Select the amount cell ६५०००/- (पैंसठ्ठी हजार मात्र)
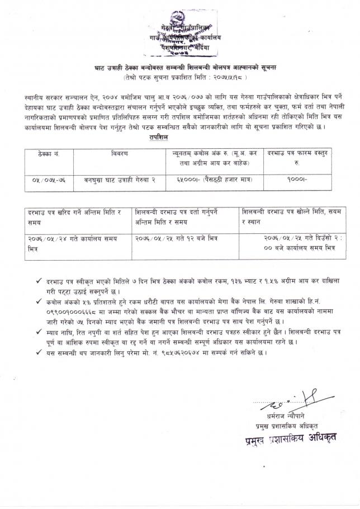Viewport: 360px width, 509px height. [x=209, y=180]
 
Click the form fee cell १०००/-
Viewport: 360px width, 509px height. [x=300, y=180]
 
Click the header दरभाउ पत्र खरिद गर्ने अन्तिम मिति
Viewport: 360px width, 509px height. [x=74, y=217]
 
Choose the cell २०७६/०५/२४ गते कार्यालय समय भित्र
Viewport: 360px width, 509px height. [x=74, y=242]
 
